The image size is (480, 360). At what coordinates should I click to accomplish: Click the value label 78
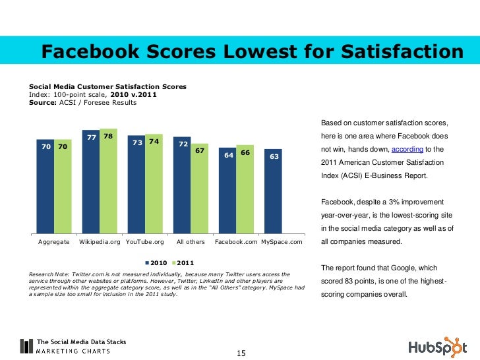(108, 136)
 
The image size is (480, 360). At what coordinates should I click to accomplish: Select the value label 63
(274, 157)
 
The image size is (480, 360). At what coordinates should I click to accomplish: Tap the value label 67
(200, 150)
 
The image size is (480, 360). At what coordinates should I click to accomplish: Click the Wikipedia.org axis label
(100, 243)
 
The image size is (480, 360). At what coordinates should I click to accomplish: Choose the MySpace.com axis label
(282, 243)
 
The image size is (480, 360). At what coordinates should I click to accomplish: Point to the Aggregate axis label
(54, 243)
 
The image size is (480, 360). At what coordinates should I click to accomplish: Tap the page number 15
(241, 353)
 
